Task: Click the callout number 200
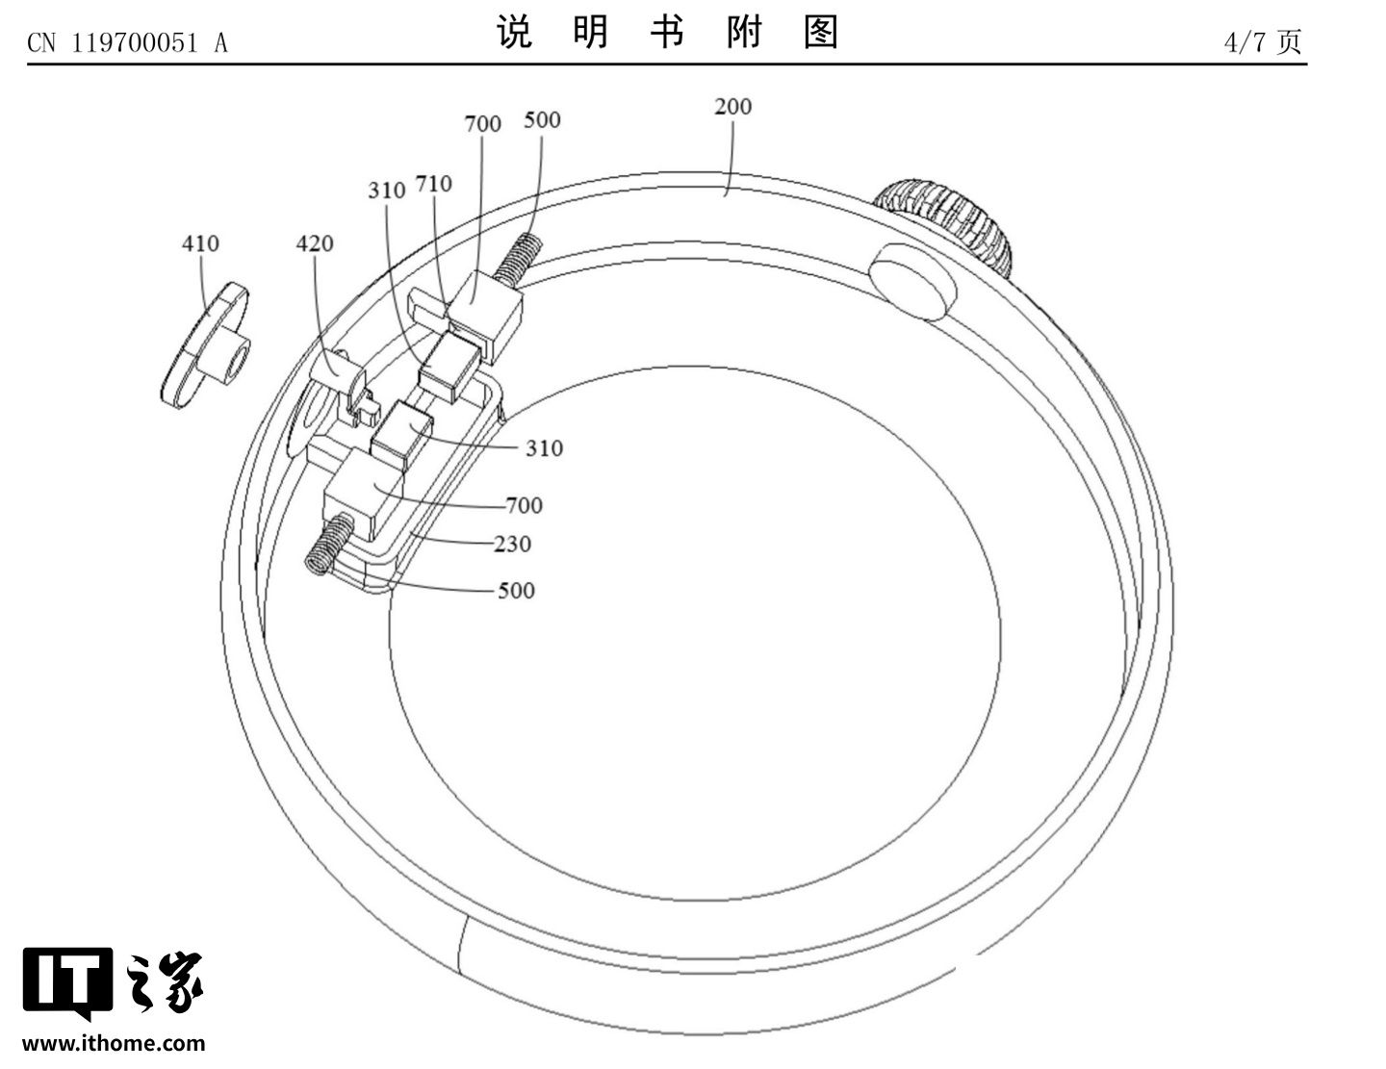point(732,107)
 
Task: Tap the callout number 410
point(200,243)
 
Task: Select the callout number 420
point(315,243)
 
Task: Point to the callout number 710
point(433,184)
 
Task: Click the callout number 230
point(512,545)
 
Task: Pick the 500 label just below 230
point(516,591)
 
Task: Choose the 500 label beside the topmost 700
point(542,120)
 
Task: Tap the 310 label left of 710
point(386,191)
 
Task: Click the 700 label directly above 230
point(524,505)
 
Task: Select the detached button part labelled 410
point(205,347)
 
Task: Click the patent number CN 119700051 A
point(127,42)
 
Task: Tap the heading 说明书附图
point(668,33)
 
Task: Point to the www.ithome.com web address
point(114,1043)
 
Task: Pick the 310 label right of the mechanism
point(544,448)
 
